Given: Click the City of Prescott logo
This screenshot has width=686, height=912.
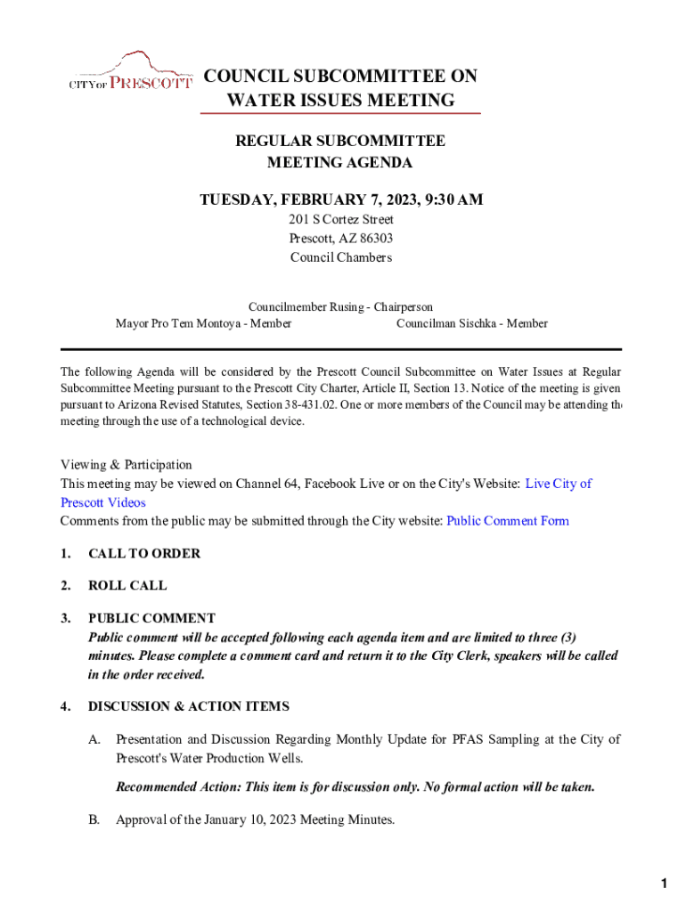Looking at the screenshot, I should click(x=131, y=73).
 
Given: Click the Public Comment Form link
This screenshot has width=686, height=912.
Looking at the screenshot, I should click(x=507, y=521).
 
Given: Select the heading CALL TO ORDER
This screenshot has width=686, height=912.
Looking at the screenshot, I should click(x=144, y=553).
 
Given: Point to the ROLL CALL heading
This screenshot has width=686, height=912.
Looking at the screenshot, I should click(x=127, y=586).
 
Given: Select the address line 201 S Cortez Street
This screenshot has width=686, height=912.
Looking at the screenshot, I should click(x=341, y=219).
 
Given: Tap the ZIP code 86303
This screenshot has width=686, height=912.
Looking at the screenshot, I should click(x=374, y=239).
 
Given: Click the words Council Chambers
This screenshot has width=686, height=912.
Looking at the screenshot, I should click(x=341, y=257).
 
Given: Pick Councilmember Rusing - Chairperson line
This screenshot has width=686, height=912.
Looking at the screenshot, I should click(x=340, y=306).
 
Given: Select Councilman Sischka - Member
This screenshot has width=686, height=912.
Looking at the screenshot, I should click(x=472, y=323).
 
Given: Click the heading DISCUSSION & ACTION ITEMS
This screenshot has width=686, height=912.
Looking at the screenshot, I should click(x=188, y=706).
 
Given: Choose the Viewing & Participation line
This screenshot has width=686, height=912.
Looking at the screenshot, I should click(x=126, y=464).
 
